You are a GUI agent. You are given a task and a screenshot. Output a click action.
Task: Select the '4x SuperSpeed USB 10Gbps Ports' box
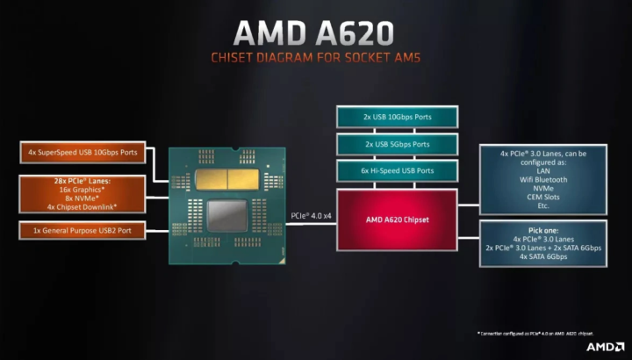[x=83, y=153]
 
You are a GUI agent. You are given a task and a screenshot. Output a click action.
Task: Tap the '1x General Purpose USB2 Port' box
[x=83, y=231]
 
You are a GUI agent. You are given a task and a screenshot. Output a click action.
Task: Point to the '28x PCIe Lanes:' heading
[x=83, y=180]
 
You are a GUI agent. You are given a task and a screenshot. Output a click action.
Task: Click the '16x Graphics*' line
[x=83, y=190]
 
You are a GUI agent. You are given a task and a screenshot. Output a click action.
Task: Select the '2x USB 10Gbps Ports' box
[x=397, y=117]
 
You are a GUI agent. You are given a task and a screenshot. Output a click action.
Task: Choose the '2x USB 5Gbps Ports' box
[x=397, y=144]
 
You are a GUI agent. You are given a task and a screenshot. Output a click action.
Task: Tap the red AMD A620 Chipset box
[x=397, y=220]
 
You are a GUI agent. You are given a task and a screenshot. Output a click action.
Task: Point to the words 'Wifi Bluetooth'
[x=542, y=179]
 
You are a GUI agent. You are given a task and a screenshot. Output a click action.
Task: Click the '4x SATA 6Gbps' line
[x=542, y=256]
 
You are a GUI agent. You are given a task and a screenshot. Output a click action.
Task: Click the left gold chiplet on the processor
[x=213, y=180]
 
